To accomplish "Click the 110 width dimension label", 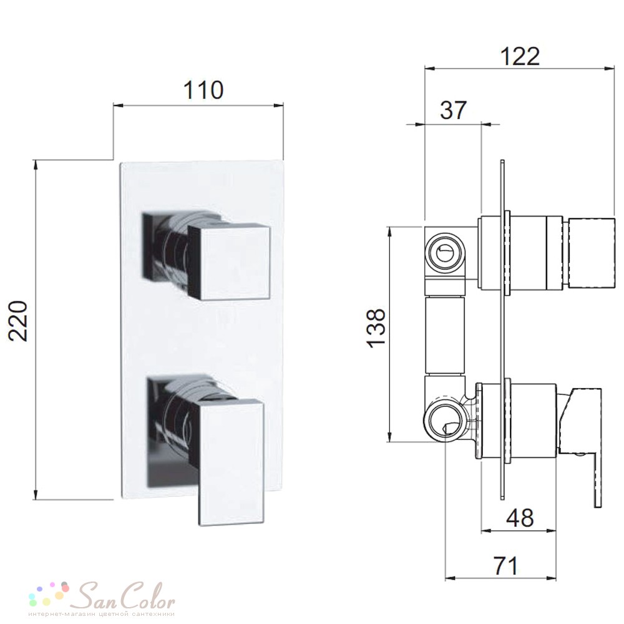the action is click(203, 90).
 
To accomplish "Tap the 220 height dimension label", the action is click(19, 321).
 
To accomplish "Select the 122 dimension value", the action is click(519, 56).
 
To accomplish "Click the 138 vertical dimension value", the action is click(376, 328).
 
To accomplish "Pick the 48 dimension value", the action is click(520, 518).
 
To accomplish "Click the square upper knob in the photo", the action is click(229, 262).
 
